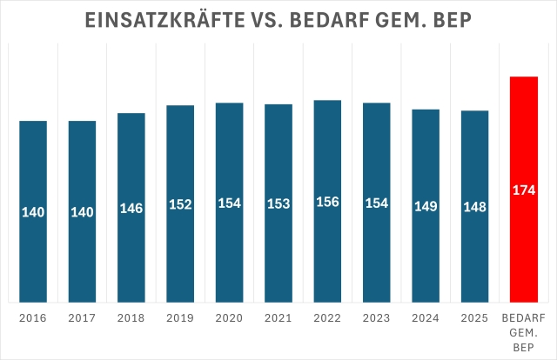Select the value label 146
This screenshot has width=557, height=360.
click(x=131, y=208)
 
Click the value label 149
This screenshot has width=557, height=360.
click(x=426, y=206)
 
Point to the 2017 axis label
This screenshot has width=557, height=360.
click(x=82, y=319)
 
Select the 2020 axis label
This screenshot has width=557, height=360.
click(x=229, y=319)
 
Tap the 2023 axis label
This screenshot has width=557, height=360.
click(x=376, y=319)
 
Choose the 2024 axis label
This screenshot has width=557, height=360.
click(x=426, y=319)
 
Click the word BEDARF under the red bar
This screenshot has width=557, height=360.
click(x=524, y=319)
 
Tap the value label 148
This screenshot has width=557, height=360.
click(x=474, y=207)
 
